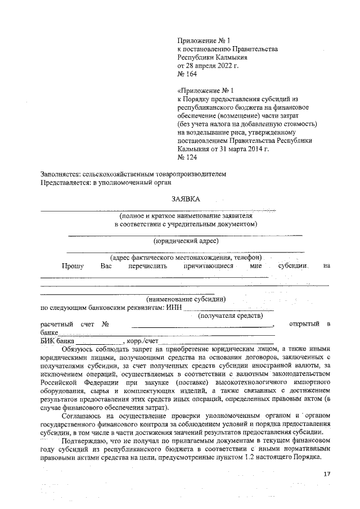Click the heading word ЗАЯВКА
pos(185,199)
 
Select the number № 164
pos(187,74)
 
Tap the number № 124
pos(187,158)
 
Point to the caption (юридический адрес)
pos(186,241)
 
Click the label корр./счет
pos(145,341)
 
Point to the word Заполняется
pos(60,174)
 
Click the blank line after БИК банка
pos(99,343)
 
